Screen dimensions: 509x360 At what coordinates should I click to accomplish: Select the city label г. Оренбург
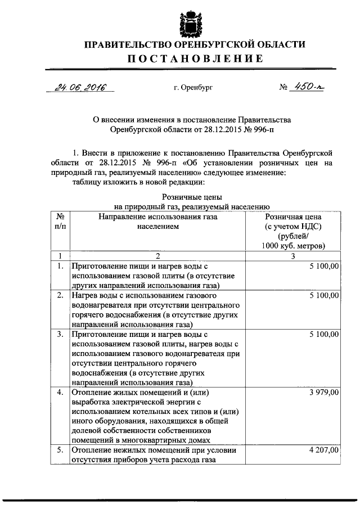[x=193, y=88]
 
